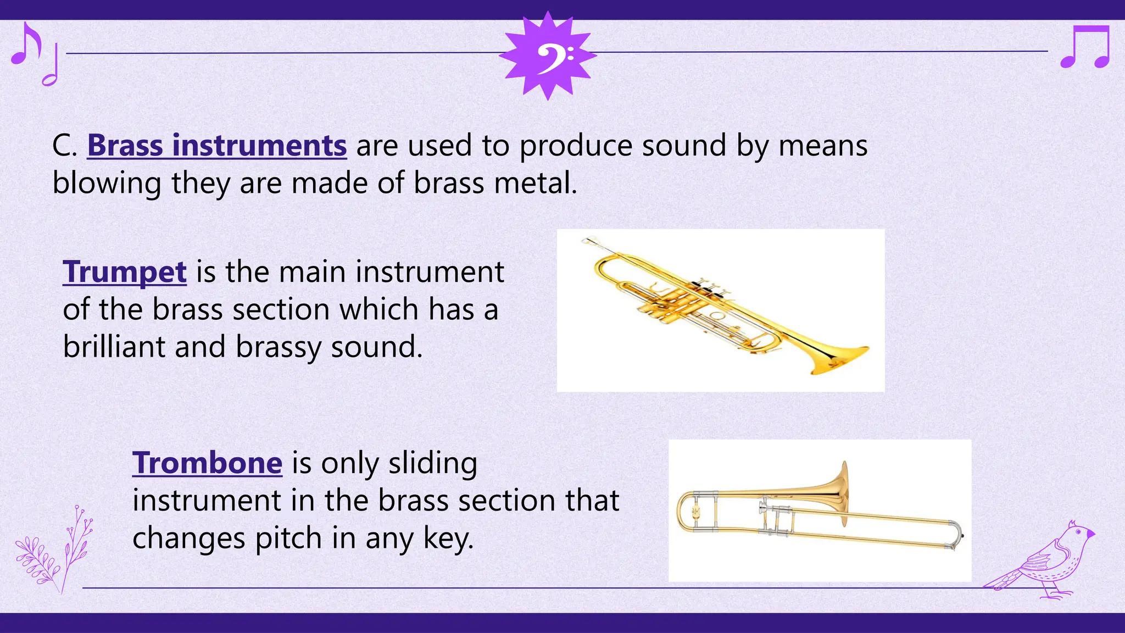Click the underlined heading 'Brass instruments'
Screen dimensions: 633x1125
coord(217,146)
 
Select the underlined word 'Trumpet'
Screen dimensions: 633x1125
coord(125,272)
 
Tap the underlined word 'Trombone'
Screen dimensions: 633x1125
coord(207,463)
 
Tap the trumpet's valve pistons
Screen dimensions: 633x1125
coord(706,288)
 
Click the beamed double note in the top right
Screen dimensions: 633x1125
coord(1085,47)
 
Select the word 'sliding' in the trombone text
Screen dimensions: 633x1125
coord(433,463)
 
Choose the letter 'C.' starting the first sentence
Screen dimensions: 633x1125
coord(65,146)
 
